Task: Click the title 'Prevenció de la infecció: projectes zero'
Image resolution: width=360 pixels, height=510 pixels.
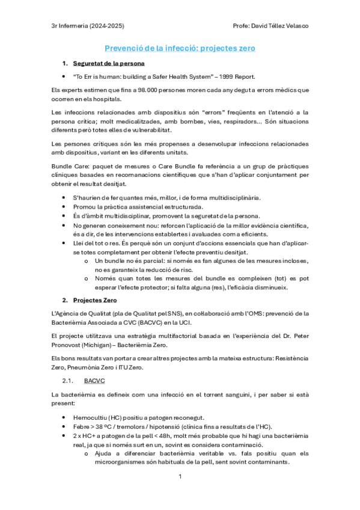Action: (x=180, y=48)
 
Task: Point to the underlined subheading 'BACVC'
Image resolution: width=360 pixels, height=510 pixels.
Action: (x=95, y=381)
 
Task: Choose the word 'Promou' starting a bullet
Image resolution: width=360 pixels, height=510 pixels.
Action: (x=84, y=207)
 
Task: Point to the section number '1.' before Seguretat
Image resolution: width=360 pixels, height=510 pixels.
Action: (x=65, y=63)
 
